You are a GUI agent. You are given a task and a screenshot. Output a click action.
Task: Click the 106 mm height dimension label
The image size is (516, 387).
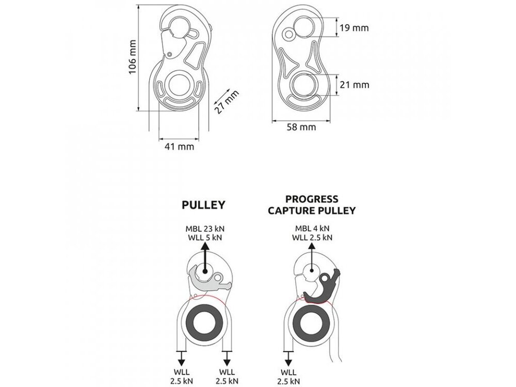[132, 57]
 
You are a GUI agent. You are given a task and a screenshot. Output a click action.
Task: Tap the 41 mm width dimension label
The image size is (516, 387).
[179, 146]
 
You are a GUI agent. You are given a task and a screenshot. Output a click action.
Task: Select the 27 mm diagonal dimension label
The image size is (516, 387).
[227, 102]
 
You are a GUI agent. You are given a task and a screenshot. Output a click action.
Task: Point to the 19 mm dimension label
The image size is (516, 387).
[354, 28]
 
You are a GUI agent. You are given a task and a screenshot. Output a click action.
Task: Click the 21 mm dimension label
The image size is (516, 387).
[354, 85]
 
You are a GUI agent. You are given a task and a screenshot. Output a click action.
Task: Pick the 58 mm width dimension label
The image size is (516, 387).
[301, 127]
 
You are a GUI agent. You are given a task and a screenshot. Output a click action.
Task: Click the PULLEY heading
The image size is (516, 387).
[203, 205]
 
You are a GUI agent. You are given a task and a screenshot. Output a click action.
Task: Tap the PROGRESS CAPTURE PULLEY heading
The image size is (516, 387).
[312, 205]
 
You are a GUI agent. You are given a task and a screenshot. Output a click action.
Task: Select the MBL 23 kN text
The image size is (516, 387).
[205, 229]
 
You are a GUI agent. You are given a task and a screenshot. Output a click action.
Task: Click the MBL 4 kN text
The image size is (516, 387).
[312, 229]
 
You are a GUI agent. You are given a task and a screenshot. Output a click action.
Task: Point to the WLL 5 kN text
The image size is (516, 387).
[205, 237]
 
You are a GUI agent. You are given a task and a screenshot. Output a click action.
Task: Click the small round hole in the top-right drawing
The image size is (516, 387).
[289, 34]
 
